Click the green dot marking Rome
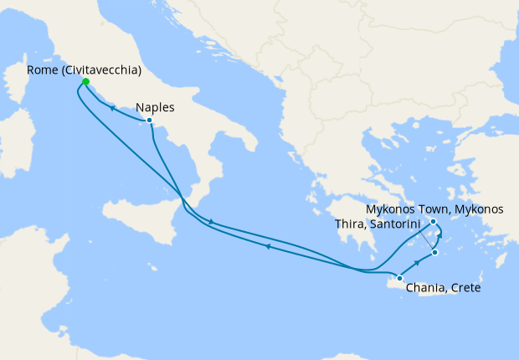85,82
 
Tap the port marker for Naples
149,121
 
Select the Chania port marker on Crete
399,278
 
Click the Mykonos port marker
434,222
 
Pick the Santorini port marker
434,252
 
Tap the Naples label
155,107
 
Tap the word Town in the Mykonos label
438,208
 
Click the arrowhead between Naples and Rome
110,109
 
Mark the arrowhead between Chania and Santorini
417,263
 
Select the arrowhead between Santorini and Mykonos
439,239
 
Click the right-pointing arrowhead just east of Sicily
211,222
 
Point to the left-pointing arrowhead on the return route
267,246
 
